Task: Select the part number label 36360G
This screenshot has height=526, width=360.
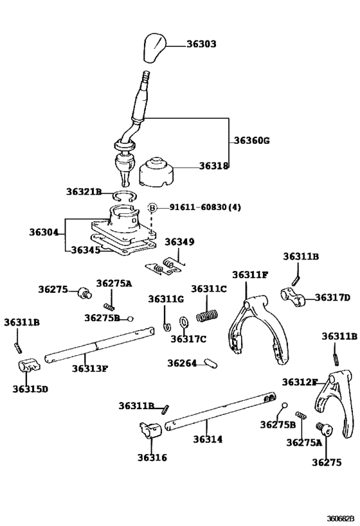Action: pyautogui.click(x=252, y=141)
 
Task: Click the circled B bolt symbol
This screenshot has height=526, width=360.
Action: pyautogui.click(x=153, y=207)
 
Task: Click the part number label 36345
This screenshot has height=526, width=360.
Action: pyautogui.click(x=85, y=250)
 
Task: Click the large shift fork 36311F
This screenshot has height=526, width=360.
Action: pyautogui.click(x=255, y=324)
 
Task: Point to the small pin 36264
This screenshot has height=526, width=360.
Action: pyautogui.click(x=208, y=364)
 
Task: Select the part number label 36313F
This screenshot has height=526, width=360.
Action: pyautogui.click(x=89, y=369)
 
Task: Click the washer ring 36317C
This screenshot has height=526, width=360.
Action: pyautogui.click(x=183, y=322)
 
